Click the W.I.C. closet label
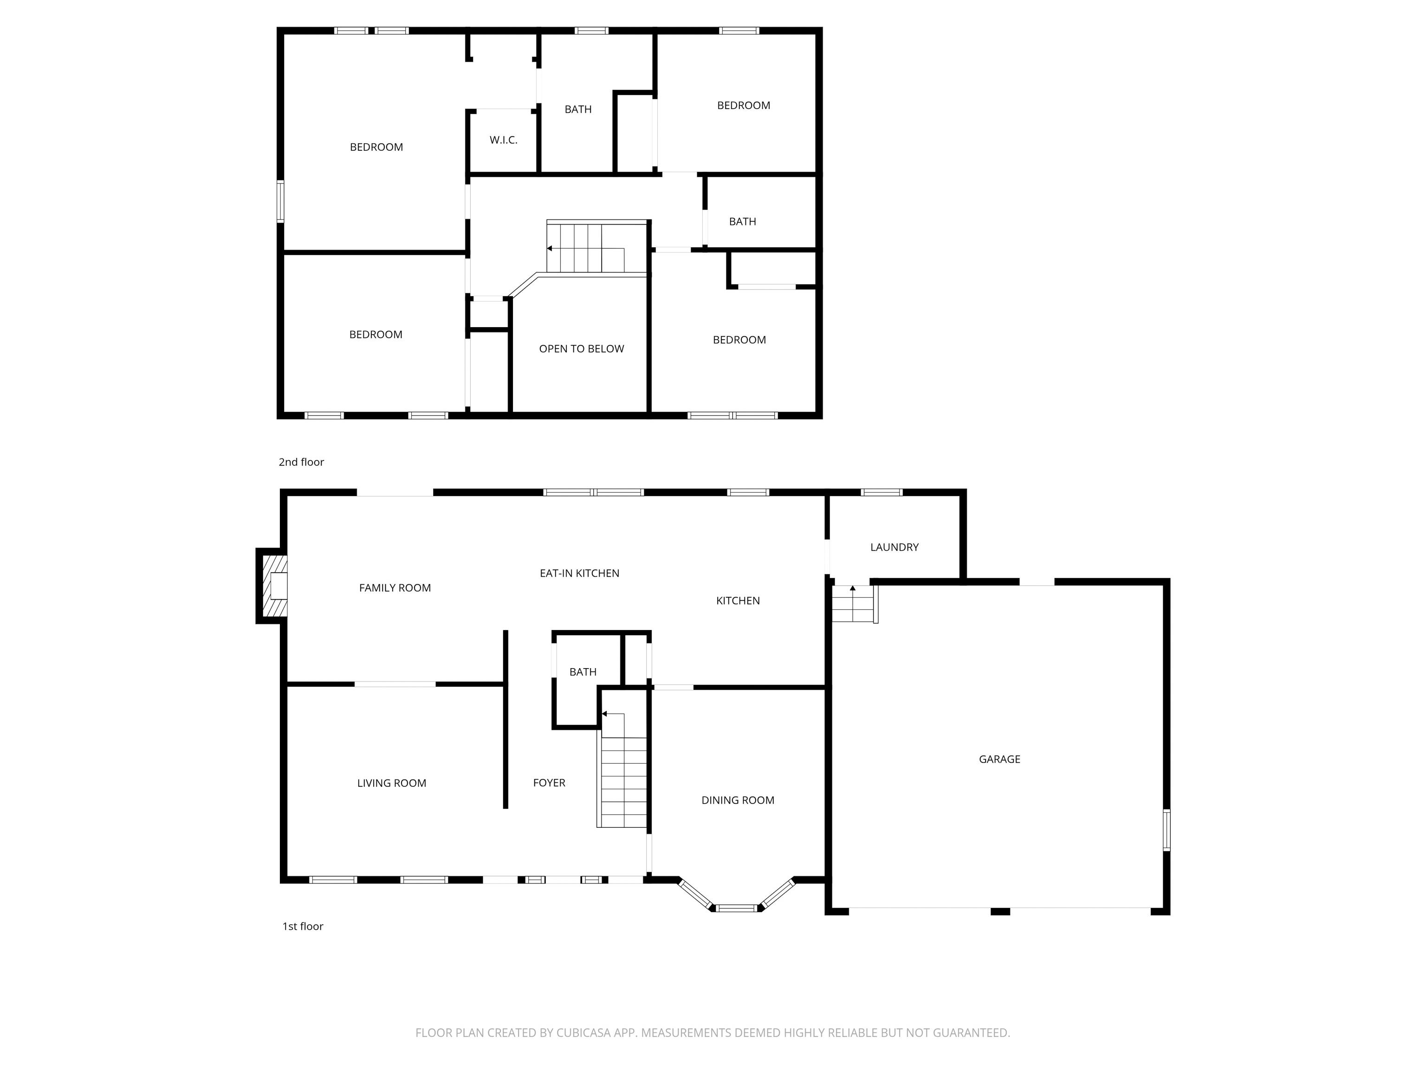pos(504,140)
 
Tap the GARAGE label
pos(999,759)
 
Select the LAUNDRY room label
pos(894,547)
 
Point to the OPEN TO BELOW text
pos(582,348)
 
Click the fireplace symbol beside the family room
pos(272,586)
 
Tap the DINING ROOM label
pos(738,800)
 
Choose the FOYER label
pos(549,783)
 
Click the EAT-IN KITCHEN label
pos(580,573)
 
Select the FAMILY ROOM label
pos(395,588)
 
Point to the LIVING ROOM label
pos(391,783)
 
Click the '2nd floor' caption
pos(301,462)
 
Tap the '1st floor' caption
pos(302,926)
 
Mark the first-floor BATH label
pos(583,672)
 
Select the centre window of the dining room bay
pos(737,908)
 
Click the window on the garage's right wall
pos(1166,830)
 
